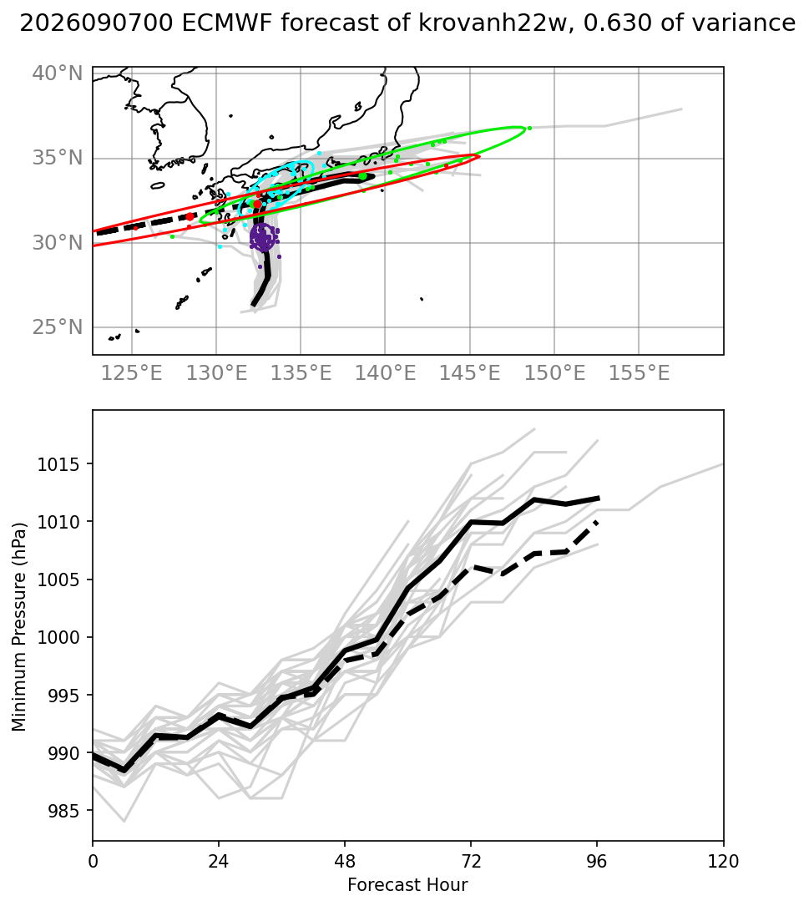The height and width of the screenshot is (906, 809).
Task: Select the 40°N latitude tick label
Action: click(x=58, y=73)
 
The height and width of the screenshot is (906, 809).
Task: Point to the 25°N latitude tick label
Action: click(x=58, y=327)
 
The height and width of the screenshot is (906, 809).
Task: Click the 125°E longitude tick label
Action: click(x=132, y=373)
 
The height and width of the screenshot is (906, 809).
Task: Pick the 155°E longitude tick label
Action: click(x=640, y=373)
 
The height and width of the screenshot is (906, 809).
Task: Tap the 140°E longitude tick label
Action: click(x=386, y=373)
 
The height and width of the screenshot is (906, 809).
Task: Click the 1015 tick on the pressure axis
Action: click(x=61, y=464)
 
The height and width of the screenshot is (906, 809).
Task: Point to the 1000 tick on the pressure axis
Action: click(x=61, y=638)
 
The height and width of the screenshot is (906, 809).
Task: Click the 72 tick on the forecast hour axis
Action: click(x=471, y=862)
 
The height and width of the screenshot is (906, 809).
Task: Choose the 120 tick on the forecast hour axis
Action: click(x=724, y=862)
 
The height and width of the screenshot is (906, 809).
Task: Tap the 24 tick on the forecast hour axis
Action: click(x=219, y=862)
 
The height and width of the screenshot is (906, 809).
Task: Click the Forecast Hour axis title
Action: click(x=408, y=885)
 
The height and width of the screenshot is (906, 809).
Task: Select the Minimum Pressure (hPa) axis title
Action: click(x=19, y=627)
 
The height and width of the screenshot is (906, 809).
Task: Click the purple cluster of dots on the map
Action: click(x=264, y=237)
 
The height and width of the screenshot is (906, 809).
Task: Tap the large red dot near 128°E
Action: click(x=190, y=216)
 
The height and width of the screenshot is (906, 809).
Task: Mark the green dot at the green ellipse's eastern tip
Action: click(x=529, y=129)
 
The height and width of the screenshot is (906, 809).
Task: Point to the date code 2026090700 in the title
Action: click(x=96, y=23)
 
